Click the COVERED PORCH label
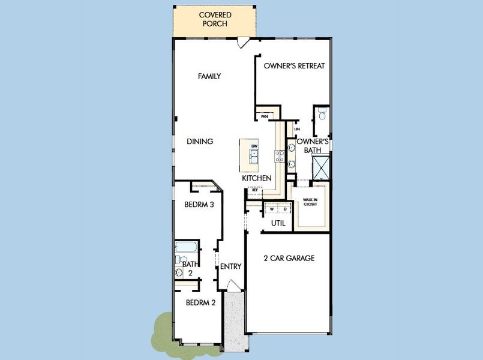pyautogui.click(x=215, y=19)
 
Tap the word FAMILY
pyautogui.click(x=209, y=76)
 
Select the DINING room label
pyautogui.click(x=200, y=142)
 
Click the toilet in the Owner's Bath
pyautogui.click(x=322, y=114)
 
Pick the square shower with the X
pyautogui.click(x=321, y=166)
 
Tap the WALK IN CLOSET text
pyautogui.click(x=310, y=202)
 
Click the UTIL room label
pyautogui.click(x=278, y=223)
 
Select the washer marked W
pyautogui.click(x=272, y=209)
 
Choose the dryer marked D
pyautogui.click(x=285, y=209)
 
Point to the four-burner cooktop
pyautogui.click(x=280, y=156)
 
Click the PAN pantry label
pyautogui.click(x=264, y=116)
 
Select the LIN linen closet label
pyautogui.click(x=296, y=129)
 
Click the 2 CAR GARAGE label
pyautogui.click(x=289, y=259)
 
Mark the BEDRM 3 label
pyautogui.click(x=199, y=205)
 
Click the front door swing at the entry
pyautogui.click(x=232, y=289)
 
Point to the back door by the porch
pyautogui.click(x=243, y=43)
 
